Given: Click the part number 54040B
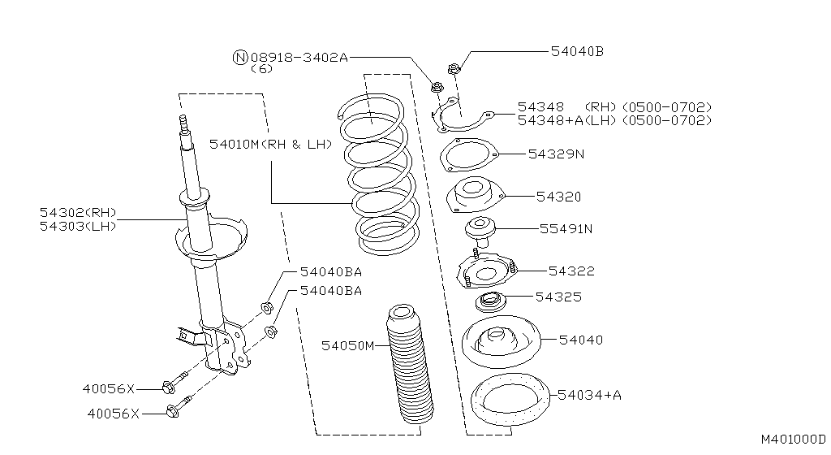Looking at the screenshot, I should pyautogui.click(x=577, y=51).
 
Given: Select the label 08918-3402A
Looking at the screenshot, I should pyautogui.click(x=299, y=57).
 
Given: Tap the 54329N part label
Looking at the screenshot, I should pyautogui.click(x=556, y=153).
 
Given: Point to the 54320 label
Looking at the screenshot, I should pyautogui.click(x=558, y=197).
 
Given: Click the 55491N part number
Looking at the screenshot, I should pyautogui.click(x=566, y=228).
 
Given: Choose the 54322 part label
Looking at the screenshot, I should pyautogui.click(x=571, y=271).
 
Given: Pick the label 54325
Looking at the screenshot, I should pyautogui.click(x=558, y=297).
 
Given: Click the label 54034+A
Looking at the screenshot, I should pyautogui.click(x=590, y=395).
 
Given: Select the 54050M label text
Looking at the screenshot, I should pyautogui.click(x=347, y=346).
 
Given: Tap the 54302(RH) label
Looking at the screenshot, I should pyautogui.click(x=78, y=212).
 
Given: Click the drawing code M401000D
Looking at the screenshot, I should pyautogui.click(x=792, y=440).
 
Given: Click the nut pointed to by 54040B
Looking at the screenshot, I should pyautogui.click(x=454, y=68).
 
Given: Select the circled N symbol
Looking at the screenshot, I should pyautogui.click(x=240, y=57).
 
